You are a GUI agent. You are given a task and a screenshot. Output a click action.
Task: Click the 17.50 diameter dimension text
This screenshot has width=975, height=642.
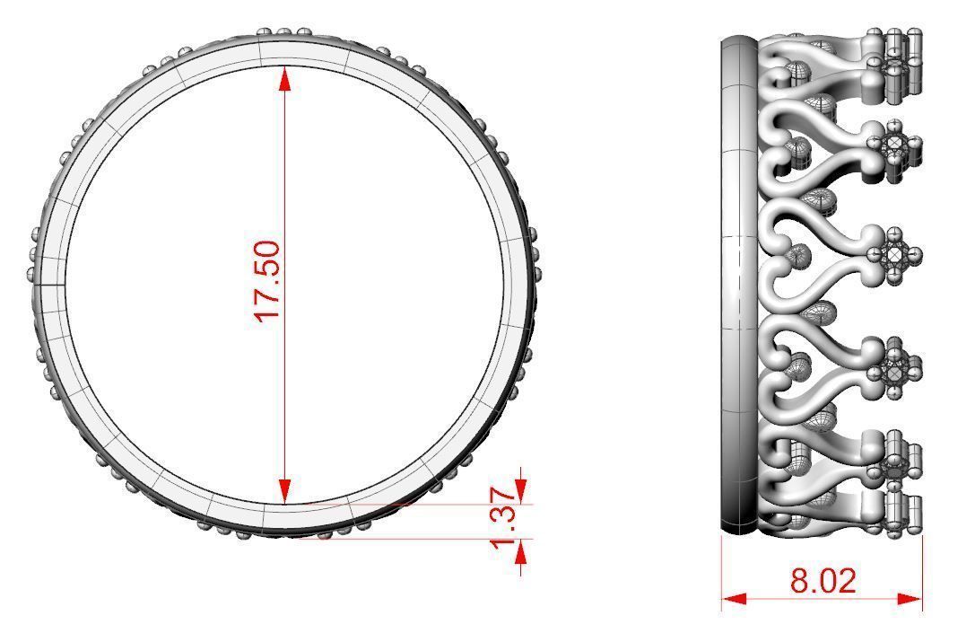point(268,280)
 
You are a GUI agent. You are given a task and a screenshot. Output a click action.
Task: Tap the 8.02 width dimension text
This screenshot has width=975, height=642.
point(823,581)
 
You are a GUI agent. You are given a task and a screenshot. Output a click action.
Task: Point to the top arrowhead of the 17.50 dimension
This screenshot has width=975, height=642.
point(285,79)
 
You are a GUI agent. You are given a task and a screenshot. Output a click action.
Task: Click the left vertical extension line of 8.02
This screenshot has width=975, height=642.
point(722,575)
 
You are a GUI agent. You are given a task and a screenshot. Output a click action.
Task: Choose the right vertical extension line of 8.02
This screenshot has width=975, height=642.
point(922,575)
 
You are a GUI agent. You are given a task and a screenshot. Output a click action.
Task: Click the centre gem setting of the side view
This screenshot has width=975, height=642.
point(894,255)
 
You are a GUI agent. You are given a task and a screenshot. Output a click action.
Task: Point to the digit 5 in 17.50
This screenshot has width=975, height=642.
point(268,268)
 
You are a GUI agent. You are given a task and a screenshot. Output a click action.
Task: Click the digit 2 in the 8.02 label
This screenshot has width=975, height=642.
point(846,581)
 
